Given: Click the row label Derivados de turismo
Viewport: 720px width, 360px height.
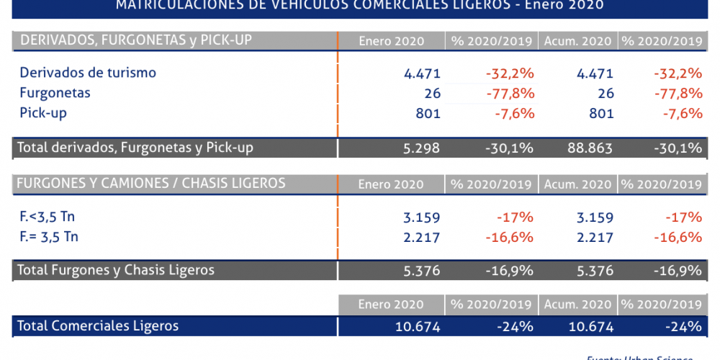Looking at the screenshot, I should tap(88, 73).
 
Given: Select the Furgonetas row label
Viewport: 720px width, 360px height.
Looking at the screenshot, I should tap(55, 93).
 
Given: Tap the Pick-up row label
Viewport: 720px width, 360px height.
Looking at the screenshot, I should tap(43, 113).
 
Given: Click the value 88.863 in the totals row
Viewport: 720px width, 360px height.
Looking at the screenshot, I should tap(589, 148).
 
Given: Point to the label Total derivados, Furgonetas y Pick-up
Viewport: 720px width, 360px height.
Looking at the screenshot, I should tap(135, 148).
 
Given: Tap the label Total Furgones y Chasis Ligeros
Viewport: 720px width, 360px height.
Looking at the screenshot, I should tap(116, 271).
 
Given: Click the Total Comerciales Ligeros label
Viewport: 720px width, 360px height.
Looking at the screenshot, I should tap(98, 326).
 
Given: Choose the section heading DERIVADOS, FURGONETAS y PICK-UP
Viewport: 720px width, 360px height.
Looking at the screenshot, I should tap(136, 40).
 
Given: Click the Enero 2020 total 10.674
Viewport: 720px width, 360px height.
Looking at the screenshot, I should tap(418, 327).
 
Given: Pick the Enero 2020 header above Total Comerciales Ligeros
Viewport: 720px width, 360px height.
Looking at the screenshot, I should tap(391, 304).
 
